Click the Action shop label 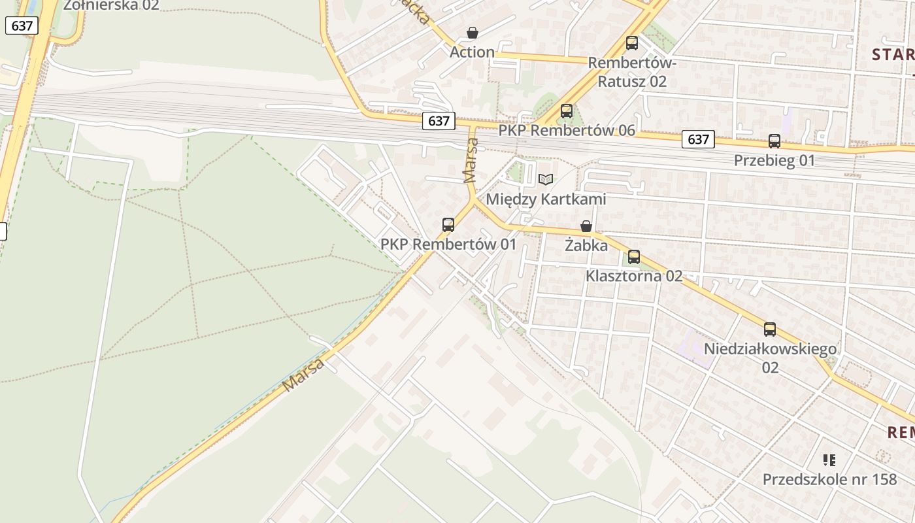[x=472, y=52]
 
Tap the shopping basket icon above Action [x=472, y=33]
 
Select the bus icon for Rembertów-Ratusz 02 [x=631, y=43]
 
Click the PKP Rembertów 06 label [x=567, y=130]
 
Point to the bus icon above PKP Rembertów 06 [x=566, y=111]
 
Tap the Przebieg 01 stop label [x=774, y=160]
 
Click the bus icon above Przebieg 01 [x=774, y=141]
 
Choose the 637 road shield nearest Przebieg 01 [x=698, y=139]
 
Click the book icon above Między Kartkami [x=545, y=179]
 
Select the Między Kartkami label [x=546, y=199]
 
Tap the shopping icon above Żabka [x=586, y=226]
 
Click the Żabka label [x=586, y=246]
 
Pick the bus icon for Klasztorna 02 [x=633, y=257]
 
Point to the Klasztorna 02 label [x=633, y=276]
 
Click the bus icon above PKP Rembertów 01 [x=448, y=225]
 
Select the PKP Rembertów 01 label [x=448, y=245]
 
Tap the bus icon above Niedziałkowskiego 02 [x=770, y=329]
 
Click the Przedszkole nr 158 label [x=829, y=479]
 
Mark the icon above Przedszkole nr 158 [x=829, y=460]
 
